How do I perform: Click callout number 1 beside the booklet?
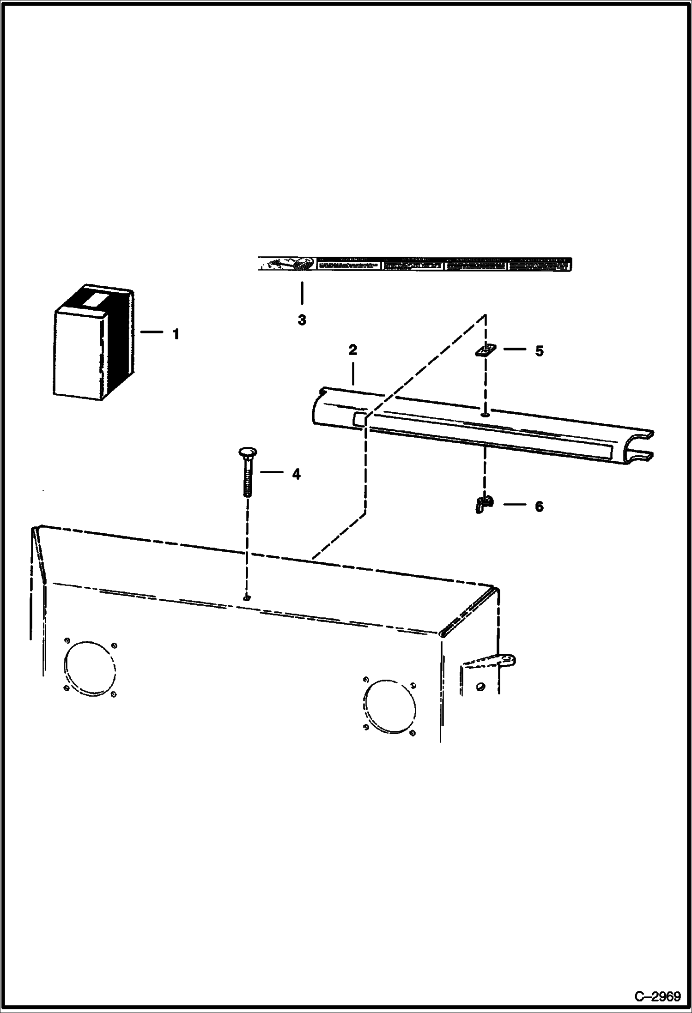coord(176,334)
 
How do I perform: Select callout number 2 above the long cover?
coord(352,350)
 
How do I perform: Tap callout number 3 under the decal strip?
coord(302,320)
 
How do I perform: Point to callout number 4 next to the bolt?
coord(296,474)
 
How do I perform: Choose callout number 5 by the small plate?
coord(539,351)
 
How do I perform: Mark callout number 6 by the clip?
coord(539,506)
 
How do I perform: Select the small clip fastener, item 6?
coord(483,503)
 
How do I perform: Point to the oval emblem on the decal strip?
coord(304,265)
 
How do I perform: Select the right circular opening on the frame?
coord(389,706)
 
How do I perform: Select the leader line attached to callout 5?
coord(514,349)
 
